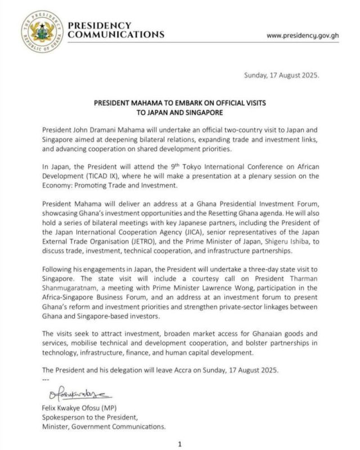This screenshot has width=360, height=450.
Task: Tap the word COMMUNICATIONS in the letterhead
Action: pyautogui.click(x=116, y=34)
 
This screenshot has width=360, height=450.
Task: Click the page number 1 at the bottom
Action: pyautogui.click(x=180, y=444)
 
